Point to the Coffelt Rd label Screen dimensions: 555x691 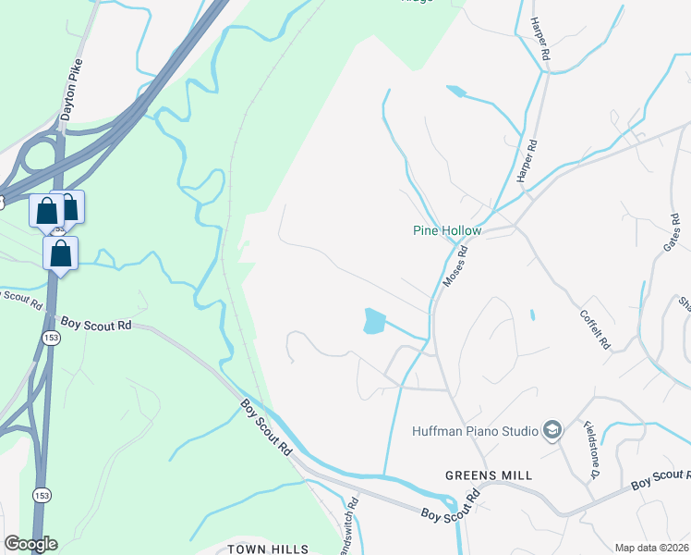595,327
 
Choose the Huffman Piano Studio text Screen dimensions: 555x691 474,431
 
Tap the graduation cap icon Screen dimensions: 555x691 552,429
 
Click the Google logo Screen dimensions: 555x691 30,544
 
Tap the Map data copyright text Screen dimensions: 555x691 651,548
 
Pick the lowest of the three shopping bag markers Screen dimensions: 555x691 60,253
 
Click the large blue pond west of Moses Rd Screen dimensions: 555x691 374,321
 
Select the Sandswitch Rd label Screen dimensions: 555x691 350,528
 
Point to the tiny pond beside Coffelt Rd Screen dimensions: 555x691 533,314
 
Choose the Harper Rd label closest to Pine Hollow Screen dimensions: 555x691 527,161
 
